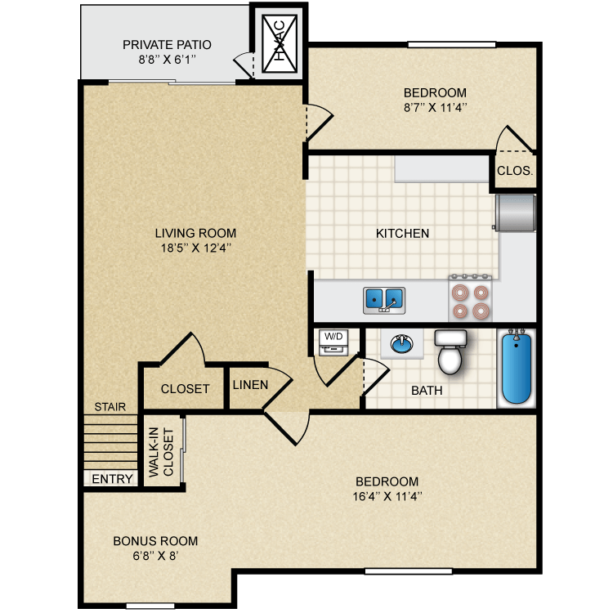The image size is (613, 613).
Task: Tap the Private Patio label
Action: click(167, 45)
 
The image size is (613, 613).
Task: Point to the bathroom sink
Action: click(402, 344)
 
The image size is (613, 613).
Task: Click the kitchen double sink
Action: click(384, 298)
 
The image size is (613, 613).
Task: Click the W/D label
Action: click(333, 336)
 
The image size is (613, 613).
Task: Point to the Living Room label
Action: click(195, 233)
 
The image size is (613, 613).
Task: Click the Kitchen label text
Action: click(402, 233)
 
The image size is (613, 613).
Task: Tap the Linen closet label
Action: click(247, 384)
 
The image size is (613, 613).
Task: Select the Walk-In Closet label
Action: click(163, 451)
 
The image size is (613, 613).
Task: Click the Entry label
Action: click(112, 479)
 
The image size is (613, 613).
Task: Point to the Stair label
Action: click(110, 406)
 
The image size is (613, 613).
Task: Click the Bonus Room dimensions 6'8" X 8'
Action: click(155, 556)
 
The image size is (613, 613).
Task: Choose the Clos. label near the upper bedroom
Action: click(515, 172)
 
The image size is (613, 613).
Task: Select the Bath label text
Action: click(427, 391)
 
